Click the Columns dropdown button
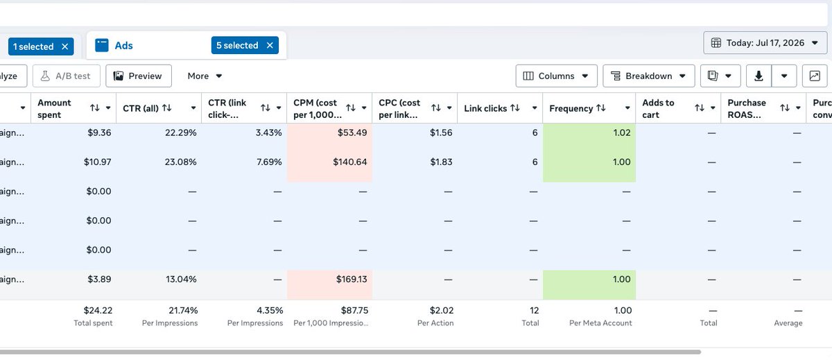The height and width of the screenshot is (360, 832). click(556, 76)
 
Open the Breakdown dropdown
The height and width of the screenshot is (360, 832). click(648, 76)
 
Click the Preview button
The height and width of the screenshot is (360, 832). click(139, 76)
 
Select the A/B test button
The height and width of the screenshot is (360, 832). click(66, 76)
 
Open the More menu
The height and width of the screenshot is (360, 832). click(205, 76)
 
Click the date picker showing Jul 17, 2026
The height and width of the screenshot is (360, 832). click(765, 43)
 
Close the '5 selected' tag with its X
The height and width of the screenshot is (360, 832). click(270, 45)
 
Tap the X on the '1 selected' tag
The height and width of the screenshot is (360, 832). click(65, 46)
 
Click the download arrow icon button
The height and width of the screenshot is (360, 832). click(759, 76)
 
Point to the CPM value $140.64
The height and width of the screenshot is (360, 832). click(350, 162)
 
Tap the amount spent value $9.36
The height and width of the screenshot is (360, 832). click(99, 132)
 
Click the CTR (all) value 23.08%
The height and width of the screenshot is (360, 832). click(180, 162)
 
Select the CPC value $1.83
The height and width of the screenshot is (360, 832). click(441, 162)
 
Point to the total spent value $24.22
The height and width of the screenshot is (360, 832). click(98, 310)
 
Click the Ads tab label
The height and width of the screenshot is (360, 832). click(123, 45)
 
